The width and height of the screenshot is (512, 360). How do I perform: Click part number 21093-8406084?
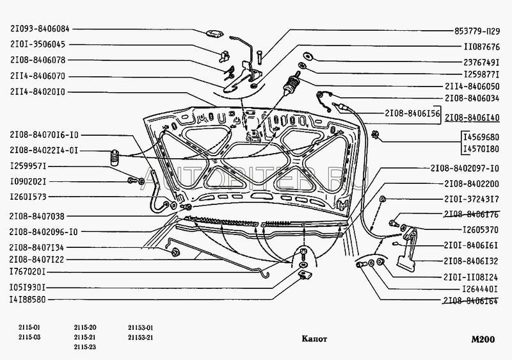(x=40, y=29)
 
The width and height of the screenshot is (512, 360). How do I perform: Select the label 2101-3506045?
(x=40, y=45)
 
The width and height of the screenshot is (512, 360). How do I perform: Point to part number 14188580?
(x=36, y=299)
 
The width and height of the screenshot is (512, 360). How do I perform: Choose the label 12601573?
(x=36, y=197)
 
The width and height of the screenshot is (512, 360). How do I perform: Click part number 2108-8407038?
(x=40, y=217)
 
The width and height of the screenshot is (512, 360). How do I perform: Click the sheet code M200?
(x=481, y=338)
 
